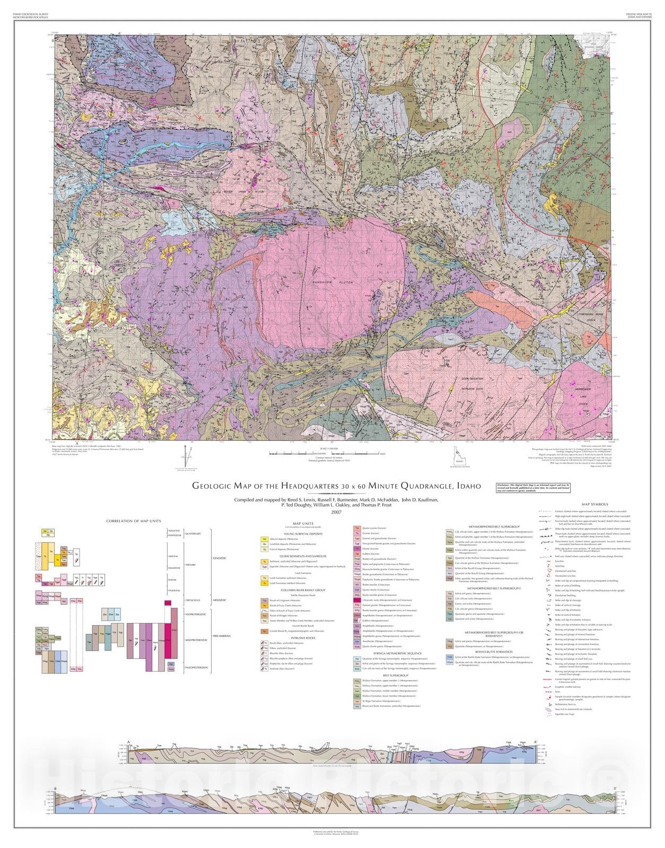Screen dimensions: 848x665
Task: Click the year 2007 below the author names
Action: (336, 512)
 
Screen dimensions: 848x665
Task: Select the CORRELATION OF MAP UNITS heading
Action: (133, 521)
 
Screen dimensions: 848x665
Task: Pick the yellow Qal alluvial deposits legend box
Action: (264, 538)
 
